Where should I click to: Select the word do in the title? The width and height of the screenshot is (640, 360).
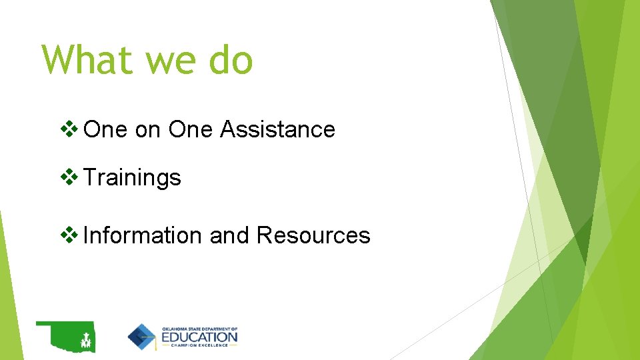point(231,59)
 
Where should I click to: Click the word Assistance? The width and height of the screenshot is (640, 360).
point(277,129)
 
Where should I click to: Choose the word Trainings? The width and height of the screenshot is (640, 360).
point(133,178)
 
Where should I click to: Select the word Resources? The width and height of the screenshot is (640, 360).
point(313,235)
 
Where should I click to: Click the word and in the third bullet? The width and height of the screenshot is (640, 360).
point(229,235)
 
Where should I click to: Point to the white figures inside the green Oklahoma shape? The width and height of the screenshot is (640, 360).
point(85,341)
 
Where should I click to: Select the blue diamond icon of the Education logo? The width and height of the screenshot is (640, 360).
point(142,337)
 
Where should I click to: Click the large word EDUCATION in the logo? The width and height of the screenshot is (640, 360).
point(199,337)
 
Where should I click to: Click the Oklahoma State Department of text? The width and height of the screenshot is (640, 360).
point(199,329)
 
